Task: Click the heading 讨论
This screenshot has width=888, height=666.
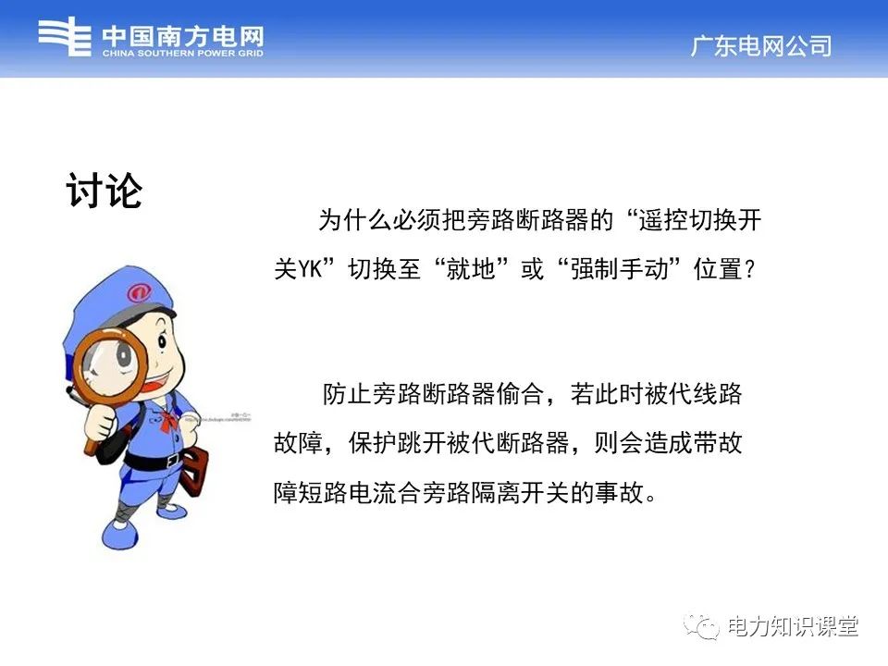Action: tap(105, 190)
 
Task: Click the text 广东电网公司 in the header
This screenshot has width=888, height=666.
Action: tap(760, 46)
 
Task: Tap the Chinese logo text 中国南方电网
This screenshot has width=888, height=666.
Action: tap(182, 35)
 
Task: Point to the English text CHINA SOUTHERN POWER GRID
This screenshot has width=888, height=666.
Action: tap(182, 54)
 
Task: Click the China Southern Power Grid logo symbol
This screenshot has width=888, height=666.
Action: tap(65, 38)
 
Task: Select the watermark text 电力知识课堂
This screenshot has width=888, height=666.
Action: tap(793, 626)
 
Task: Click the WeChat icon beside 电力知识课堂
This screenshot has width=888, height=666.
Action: tap(702, 626)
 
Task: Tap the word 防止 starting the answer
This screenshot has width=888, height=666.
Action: tap(344, 394)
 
